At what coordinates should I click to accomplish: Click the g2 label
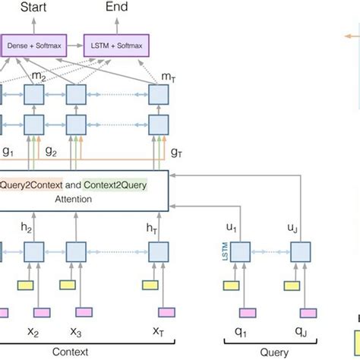[51, 151]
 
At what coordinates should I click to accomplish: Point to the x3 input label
[76, 331]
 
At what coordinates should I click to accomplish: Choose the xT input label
[158, 331]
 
